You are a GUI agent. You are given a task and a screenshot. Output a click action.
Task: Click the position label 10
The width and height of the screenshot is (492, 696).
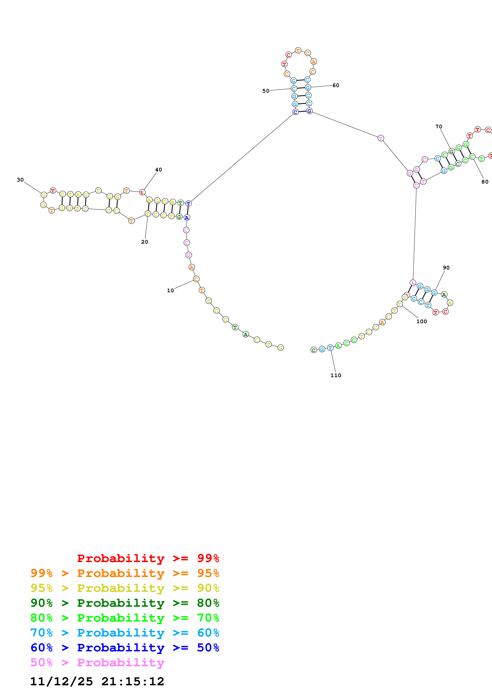tap(170, 290)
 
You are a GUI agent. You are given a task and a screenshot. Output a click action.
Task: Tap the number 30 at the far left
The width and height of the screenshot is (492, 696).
tap(20, 180)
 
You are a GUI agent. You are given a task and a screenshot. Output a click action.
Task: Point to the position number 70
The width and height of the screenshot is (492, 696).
tap(439, 127)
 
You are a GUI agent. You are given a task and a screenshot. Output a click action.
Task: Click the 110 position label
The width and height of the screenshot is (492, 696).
tap(336, 375)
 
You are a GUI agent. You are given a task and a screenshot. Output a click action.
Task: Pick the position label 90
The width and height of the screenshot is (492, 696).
tap(446, 268)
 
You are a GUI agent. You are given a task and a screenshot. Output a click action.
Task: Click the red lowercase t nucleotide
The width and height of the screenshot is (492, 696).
tap(142, 192)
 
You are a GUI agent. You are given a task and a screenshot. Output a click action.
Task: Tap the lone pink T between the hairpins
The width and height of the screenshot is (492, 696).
tap(381, 138)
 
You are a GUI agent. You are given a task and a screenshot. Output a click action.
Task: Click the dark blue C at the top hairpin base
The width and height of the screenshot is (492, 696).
tap(295, 112)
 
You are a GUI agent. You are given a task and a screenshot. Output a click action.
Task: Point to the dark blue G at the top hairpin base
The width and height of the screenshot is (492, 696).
tap(309, 111)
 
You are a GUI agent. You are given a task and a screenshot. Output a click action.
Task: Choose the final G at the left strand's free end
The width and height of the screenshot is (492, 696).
tap(281, 348)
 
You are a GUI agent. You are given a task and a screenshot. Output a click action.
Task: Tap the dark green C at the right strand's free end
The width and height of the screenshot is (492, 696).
tap(314, 350)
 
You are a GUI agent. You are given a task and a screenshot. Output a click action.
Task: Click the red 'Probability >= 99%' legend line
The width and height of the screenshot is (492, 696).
tap(148, 558)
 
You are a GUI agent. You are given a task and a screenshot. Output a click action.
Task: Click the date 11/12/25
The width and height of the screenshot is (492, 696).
tap(62, 682)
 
